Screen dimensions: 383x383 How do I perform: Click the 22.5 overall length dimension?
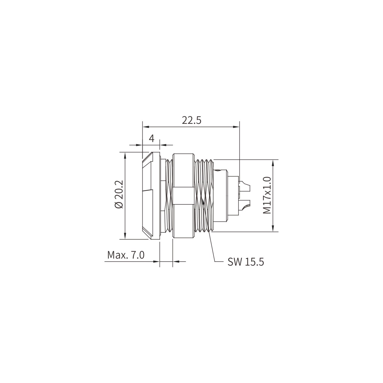[x=191, y=121]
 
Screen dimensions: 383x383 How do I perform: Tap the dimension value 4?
[x=151, y=138]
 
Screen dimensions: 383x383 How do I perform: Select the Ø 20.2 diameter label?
[x=120, y=194]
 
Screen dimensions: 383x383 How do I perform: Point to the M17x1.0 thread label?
[x=267, y=195]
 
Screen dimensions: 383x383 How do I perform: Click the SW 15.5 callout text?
[x=246, y=262]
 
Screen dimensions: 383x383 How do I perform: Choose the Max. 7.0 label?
[x=126, y=255]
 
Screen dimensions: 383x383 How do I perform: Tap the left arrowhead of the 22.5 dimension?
[x=146, y=127]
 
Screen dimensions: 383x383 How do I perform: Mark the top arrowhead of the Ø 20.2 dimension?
[x=125, y=156]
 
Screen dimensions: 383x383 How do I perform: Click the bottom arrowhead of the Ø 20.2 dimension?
[x=125, y=236]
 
